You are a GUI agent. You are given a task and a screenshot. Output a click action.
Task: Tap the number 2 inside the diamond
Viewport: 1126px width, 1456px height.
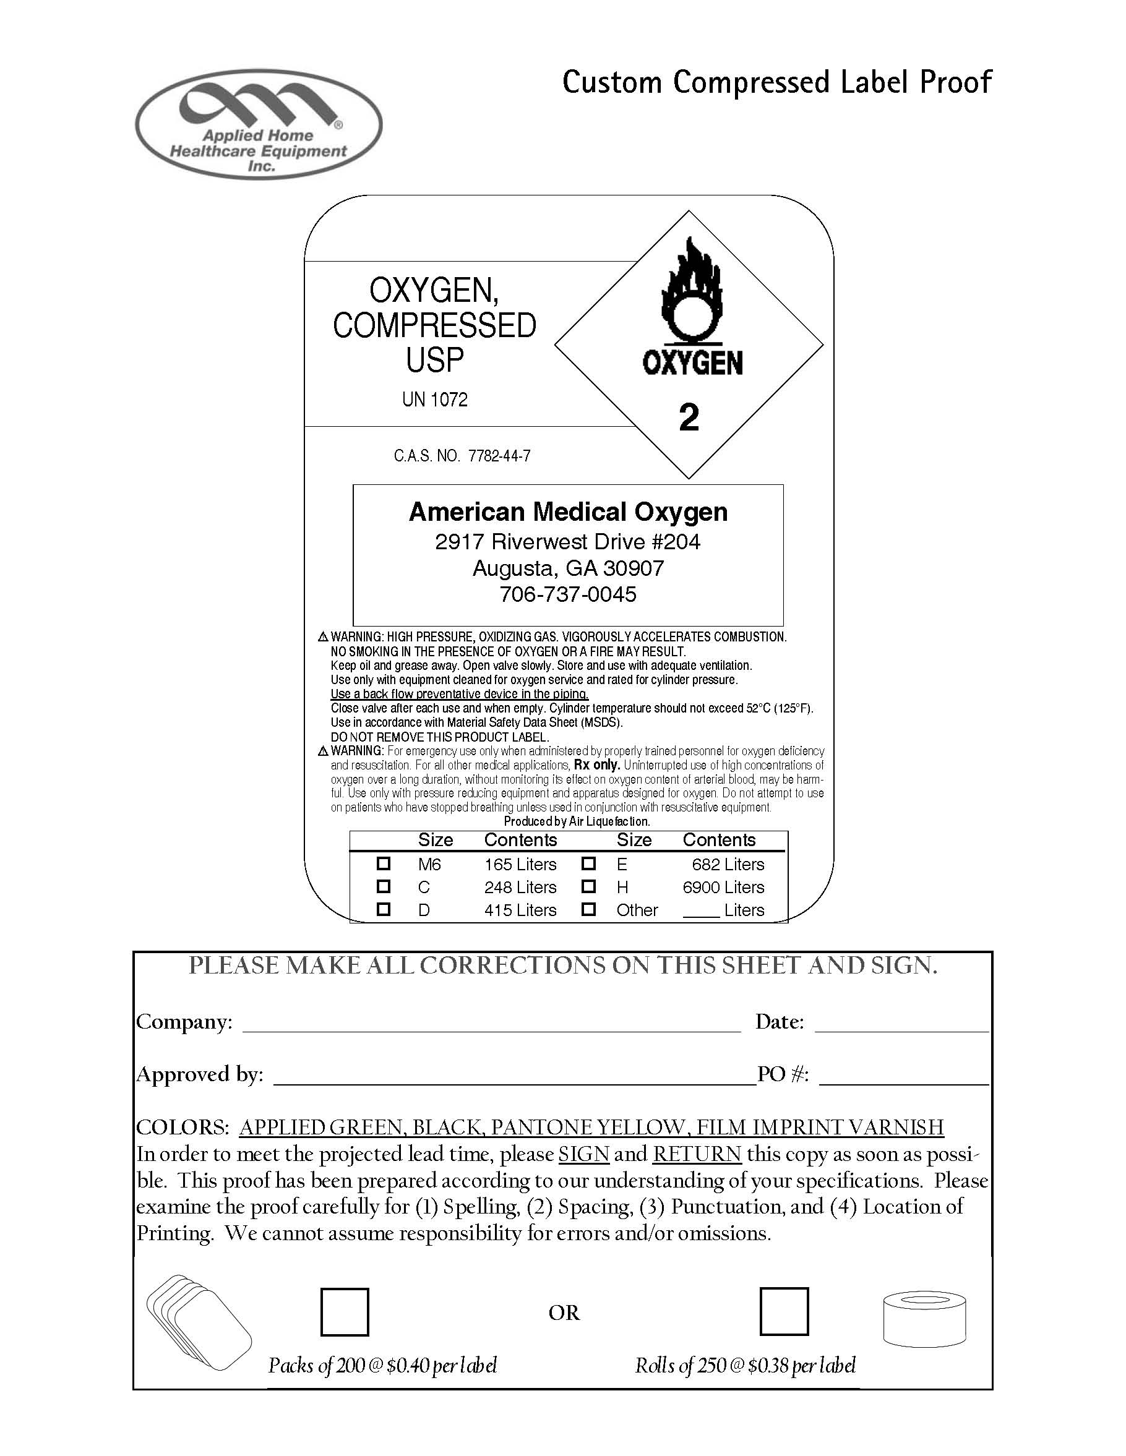pos(689,418)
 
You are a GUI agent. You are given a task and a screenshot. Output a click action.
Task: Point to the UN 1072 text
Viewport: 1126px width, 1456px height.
pos(435,400)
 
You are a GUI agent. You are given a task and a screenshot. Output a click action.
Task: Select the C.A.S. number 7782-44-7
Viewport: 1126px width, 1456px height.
pos(499,456)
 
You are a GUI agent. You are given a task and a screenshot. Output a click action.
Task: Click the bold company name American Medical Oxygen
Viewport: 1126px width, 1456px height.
pos(568,512)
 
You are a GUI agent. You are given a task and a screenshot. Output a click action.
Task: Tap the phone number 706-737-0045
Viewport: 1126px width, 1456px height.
pos(568,594)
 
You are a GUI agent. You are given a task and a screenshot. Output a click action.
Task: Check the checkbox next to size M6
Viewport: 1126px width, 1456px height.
pos(384,863)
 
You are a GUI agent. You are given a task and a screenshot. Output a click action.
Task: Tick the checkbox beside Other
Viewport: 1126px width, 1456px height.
pos(588,909)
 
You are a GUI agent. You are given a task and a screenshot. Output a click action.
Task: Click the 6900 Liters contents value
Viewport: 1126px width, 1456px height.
pos(723,888)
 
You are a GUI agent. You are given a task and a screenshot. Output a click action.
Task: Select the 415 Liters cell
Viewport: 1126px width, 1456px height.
pos(520,910)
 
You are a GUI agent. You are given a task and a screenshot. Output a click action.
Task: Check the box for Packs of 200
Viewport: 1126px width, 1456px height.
pos(345,1312)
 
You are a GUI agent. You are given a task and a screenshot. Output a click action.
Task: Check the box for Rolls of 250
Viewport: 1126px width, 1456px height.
pos(784,1312)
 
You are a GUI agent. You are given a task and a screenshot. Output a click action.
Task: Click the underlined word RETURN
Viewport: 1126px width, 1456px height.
pos(697,1154)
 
